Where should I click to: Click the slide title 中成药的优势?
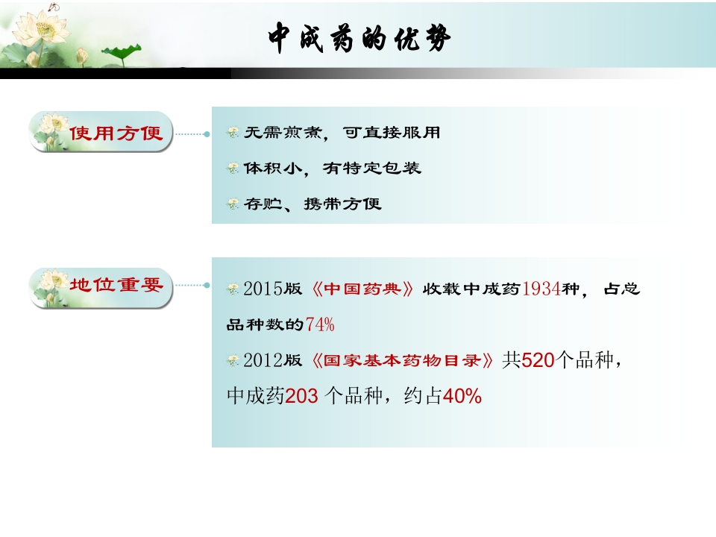(359, 39)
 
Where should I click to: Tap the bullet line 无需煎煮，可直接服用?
(342, 133)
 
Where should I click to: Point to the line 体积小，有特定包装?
(333, 169)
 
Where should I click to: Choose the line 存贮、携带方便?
(313, 204)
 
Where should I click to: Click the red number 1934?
(542, 289)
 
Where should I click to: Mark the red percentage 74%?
(321, 324)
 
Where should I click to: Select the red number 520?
(539, 360)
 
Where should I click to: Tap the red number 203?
(302, 397)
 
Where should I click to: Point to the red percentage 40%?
(462, 397)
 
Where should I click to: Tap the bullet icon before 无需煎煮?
(233, 133)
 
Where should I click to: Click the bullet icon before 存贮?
(233, 204)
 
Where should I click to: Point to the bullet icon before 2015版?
(233, 289)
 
